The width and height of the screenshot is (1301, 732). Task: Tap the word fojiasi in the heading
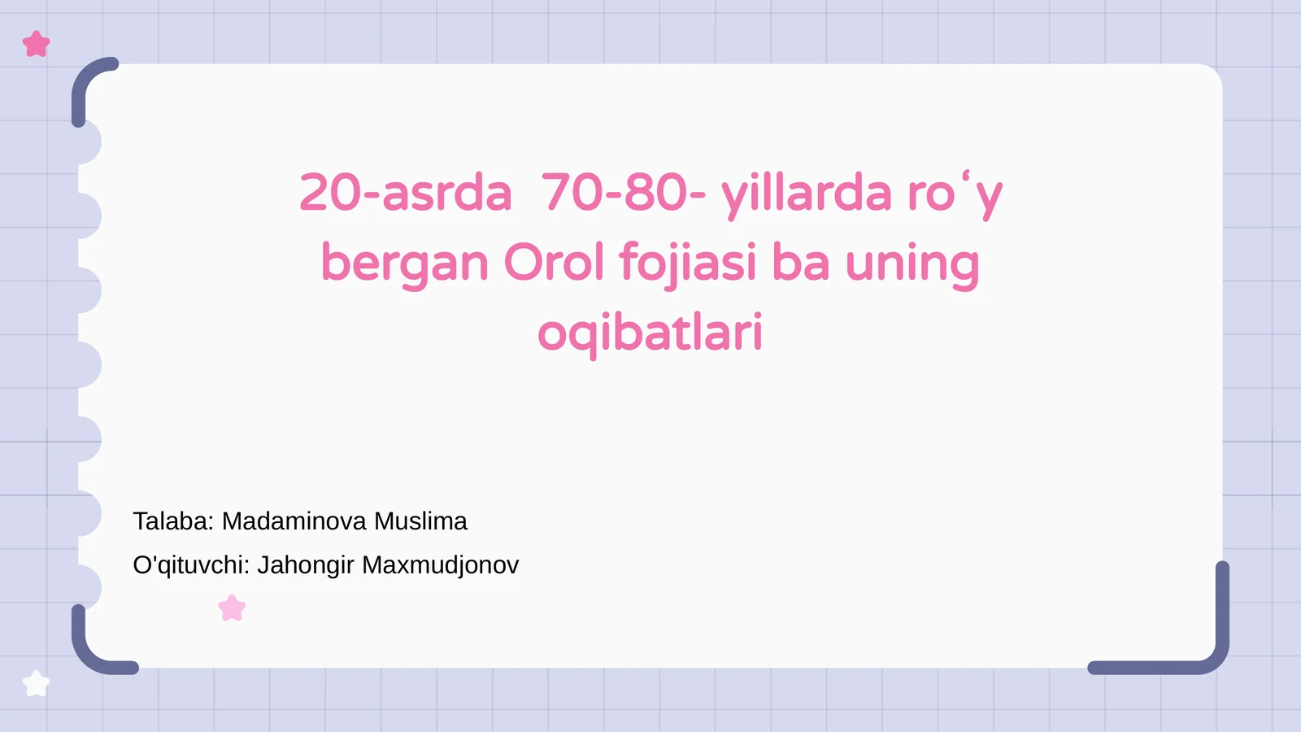click(688, 263)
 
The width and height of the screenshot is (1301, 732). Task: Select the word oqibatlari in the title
click(650, 333)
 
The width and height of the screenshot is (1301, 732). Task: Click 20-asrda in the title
click(405, 194)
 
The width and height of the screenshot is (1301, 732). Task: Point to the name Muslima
click(420, 521)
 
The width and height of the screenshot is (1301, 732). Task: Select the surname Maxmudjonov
click(440, 565)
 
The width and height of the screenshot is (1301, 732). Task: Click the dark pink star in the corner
click(37, 44)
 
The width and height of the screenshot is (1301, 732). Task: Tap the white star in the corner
click(37, 683)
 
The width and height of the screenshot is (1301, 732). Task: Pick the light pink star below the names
click(233, 608)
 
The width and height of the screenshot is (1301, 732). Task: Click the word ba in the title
click(800, 263)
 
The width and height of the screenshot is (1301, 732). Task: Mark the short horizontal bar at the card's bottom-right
click(1147, 668)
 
